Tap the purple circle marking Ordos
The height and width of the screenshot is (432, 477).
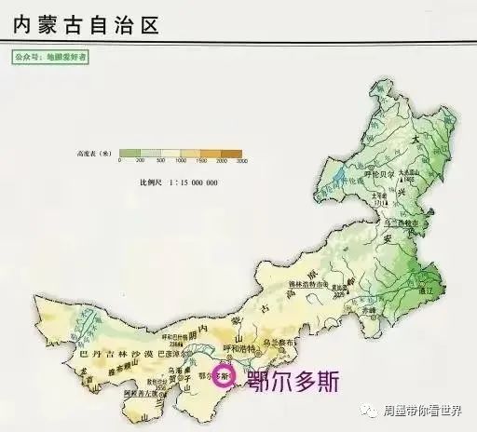pos(223,377)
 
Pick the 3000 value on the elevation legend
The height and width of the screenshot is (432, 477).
pos(242,163)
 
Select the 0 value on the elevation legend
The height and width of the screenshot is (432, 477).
pos(120,163)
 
